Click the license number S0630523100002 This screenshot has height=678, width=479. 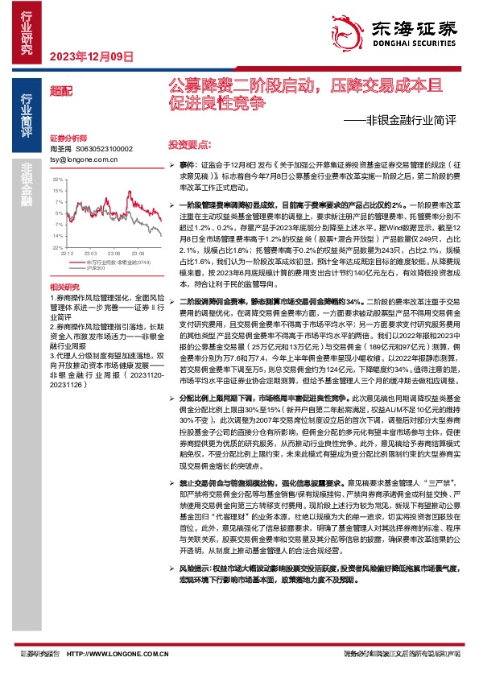point(105,150)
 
